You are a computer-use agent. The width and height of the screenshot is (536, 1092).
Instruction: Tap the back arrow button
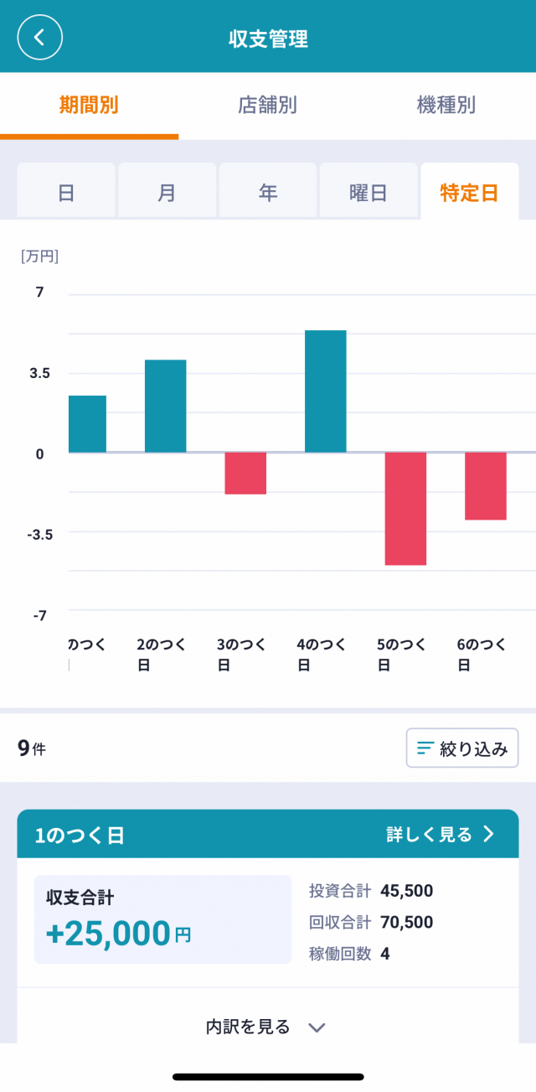coord(39,38)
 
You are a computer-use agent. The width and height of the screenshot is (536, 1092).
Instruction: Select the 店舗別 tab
coord(267,105)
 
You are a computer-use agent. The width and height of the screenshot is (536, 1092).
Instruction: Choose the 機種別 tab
coord(446,105)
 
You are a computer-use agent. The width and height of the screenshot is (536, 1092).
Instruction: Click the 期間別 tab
coord(89,105)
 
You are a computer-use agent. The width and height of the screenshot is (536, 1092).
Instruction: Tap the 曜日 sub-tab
coord(368,192)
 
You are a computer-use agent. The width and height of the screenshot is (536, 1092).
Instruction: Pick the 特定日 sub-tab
coord(469,192)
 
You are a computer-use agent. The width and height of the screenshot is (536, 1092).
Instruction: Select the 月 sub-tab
coord(167,192)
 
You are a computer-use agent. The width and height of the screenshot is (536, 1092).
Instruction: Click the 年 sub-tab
coord(267,192)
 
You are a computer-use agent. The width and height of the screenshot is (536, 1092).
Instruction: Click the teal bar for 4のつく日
coord(325,391)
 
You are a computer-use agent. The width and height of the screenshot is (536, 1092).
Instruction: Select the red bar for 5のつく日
coord(405,509)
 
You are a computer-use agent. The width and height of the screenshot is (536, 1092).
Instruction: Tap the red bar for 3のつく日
coord(245,474)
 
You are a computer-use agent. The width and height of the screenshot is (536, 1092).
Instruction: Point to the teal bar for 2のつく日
coord(165,406)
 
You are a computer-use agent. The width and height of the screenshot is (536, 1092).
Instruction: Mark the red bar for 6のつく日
coord(486,486)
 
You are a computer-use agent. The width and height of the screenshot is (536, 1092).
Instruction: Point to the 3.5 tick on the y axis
coord(39,373)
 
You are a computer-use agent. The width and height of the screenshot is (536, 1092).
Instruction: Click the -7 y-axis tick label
coord(39,615)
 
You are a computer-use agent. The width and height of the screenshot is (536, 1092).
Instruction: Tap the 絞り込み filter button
coord(462,748)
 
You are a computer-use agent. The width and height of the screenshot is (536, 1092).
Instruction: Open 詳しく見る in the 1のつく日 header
coord(441,835)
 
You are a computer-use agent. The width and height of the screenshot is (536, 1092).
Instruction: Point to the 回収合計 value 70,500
coord(406,923)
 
